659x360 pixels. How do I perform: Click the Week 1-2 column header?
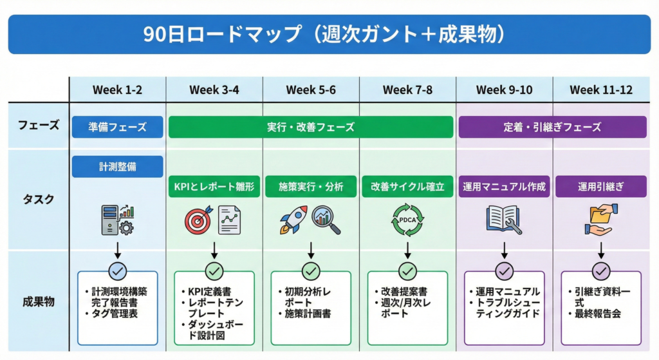click(x=118, y=90)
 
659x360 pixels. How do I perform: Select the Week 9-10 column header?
click(x=504, y=90)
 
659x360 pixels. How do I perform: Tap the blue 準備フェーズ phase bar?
click(x=118, y=127)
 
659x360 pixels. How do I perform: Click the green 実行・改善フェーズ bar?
click(x=311, y=127)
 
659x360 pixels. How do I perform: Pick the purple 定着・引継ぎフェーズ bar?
click(x=552, y=127)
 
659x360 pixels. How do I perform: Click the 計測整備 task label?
click(x=118, y=167)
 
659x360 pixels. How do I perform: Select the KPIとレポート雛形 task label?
click(x=214, y=187)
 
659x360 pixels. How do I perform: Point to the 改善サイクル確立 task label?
click(x=407, y=187)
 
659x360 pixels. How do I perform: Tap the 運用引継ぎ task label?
click(x=600, y=187)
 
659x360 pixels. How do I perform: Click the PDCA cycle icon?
click(x=407, y=220)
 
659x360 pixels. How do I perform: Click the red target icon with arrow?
click(x=198, y=220)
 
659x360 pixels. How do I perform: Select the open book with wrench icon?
click(x=503, y=220)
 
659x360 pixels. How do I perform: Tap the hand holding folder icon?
click(x=601, y=220)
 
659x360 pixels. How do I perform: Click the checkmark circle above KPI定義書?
click(x=214, y=271)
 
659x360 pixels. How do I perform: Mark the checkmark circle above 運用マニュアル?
click(x=504, y=271)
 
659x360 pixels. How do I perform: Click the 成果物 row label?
click(x=39, y=300)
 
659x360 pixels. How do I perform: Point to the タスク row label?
click(x=39, y=199)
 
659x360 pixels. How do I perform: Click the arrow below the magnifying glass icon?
click(x=311, y=249)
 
